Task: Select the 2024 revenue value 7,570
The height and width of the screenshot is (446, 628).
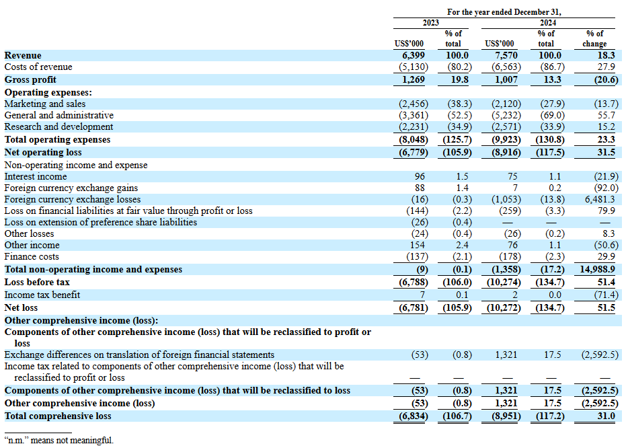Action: pyautogui.click(x=506, y=55)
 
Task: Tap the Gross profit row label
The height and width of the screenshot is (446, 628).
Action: pyautogui.click(x=30, y=80)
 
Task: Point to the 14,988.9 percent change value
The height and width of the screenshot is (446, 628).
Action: pyautogui.click(x=597, y=270)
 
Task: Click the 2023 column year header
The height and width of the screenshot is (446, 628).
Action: pyautogui.click(x=430, y=22)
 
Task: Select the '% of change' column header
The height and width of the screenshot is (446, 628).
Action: pyautogui.click(x=595, y=38)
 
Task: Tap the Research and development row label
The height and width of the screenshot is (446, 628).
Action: pyautogui.click(x=58, y=126)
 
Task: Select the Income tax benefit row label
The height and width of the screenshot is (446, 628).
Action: pyautogui.click(x=42, y=295)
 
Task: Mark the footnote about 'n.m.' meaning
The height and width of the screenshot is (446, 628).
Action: pyautogui.click(x=59, y=440)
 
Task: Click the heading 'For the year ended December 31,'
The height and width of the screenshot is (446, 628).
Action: pyautogui.click(x=504, y=11)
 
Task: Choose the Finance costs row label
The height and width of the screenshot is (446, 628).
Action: pyautogui.click(x=32, y=256)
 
